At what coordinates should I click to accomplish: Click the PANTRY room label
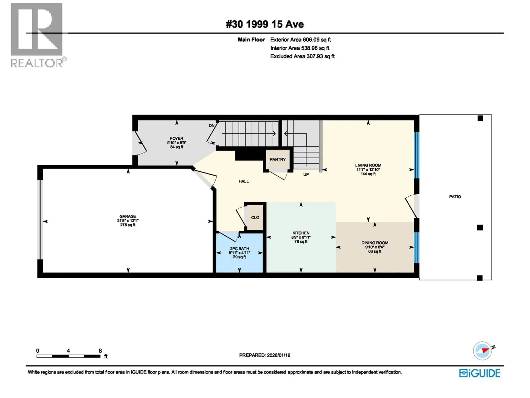(x=278, y=160)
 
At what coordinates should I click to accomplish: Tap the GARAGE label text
(x=128, y=216)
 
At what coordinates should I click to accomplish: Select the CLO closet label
(x=255, y=218)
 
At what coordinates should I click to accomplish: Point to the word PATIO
(x=455, y=197)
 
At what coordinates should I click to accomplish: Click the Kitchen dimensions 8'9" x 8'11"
(x=301, y=237)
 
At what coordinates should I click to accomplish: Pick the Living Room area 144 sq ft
(x=368, y=174)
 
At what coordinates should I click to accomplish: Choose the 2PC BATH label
(x=239, y=249)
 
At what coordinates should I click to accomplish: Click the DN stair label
(x=212, y=126)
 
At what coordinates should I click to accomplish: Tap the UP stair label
(x=306, y=174)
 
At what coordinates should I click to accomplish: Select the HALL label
(x=243, y=181)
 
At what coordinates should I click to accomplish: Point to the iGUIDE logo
(x=480, y=373)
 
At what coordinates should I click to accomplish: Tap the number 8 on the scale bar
(x=100, y=351)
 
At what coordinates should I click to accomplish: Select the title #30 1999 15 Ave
(x=265, y=24)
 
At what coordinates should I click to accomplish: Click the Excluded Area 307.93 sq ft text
(x=302, y=56)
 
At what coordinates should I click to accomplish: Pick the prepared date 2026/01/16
(x=278, y=355)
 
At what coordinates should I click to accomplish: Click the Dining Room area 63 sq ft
(x=375, y=251)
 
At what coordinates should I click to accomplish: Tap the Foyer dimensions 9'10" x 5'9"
(x=177, y=143)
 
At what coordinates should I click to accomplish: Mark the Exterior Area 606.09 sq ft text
(x=300, y=39)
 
